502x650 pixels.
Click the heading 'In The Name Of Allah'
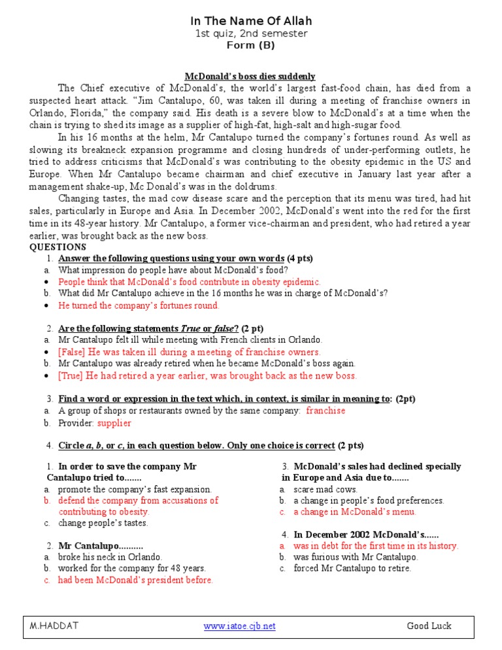(x=250, y=22)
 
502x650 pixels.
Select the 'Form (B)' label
(x=250, y=45)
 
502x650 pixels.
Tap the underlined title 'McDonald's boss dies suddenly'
(x=250, y=77)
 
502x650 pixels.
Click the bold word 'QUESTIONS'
(x=58, y=247)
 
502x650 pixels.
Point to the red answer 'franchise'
(x=326, y=411)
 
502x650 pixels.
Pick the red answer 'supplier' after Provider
(x=114, y=423)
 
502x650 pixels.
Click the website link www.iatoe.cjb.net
(x=239, y=626)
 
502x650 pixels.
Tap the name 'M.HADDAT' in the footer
(x=54, y=626)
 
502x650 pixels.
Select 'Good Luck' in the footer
(x=429, y=626)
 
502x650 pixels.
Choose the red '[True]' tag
(x=71, y=375)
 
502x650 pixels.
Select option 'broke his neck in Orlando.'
(x=110, y=557)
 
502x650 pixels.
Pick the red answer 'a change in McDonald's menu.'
(x=354, y=512)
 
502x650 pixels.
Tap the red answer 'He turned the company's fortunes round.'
(x=139, y=305)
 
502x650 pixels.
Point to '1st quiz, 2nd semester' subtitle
(x=250, y=33)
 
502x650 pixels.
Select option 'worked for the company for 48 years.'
(x=132, y=568)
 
